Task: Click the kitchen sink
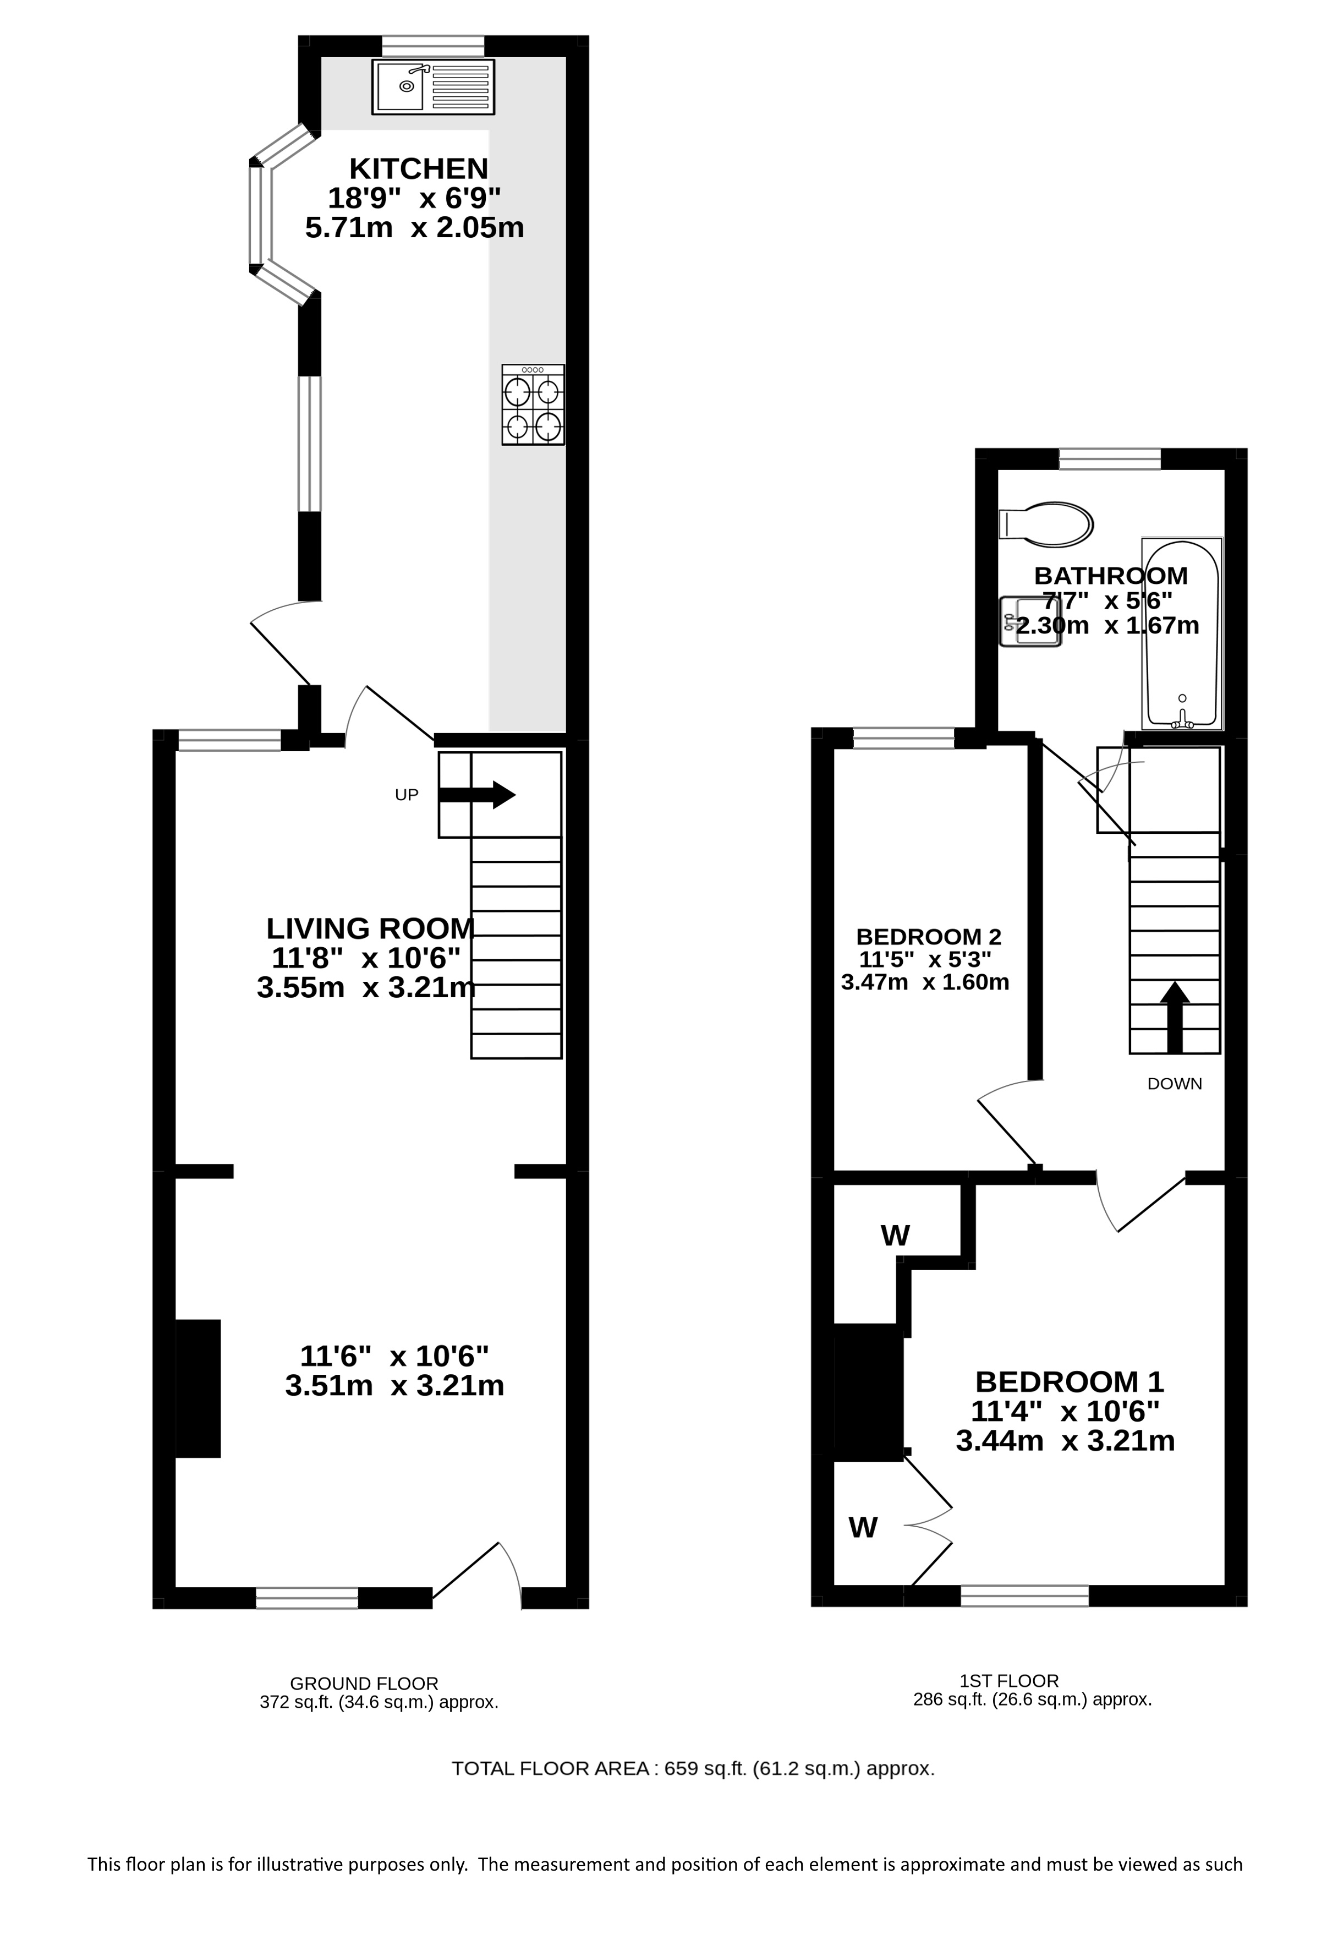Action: coord(432,86)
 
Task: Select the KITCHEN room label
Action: coord(418,169)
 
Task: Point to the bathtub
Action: coord(1181,633)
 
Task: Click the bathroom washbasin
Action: coord(1030,622)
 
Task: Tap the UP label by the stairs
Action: coord(406,794)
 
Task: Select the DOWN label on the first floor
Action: coord(1174,1084)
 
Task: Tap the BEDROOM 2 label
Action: coord(928,936)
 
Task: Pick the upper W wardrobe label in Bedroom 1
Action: coord(895,1235)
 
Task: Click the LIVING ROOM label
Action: coord(370,928)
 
